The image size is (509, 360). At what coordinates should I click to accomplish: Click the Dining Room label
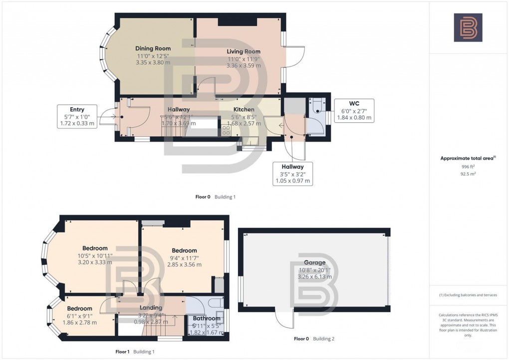(x=153, y=48)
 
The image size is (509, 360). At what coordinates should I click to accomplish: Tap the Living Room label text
(x=244, y=51)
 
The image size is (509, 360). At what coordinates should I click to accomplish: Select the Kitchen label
(x=244, y=109)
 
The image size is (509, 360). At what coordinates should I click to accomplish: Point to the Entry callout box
(x=77, y=116)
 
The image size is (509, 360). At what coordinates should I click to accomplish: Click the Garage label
(x=314, y=263)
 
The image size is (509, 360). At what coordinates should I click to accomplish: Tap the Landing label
(x=150, y=308)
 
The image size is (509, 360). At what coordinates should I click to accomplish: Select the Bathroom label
(x=207, y=318)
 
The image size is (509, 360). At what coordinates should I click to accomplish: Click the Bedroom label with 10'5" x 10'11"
(x=95, y=248)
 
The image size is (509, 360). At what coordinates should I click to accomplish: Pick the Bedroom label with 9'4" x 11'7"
(x=184, y=251)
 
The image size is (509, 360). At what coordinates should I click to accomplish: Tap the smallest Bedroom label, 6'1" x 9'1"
(x=80, y=309)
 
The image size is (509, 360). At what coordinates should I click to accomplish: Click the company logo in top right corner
(x=468, y=27)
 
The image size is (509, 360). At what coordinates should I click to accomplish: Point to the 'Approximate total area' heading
(x=467, y=158)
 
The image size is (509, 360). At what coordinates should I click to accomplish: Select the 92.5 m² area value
(x=468, y=174)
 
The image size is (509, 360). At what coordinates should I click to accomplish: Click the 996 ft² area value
(x=468, y=167)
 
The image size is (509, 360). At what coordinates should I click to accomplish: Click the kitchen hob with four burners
(x=226, y=131)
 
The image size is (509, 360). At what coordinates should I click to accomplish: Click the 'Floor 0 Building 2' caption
(x=314, y=339)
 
